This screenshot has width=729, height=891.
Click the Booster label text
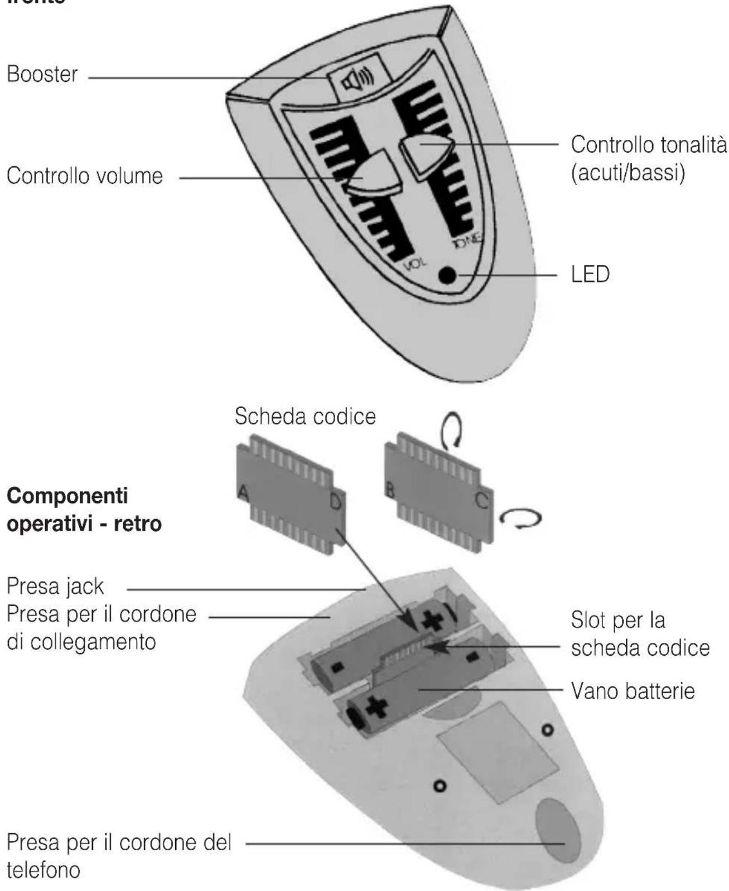[x=42, y=75]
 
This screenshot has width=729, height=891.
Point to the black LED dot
[x=447, y=275]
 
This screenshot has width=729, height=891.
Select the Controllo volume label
[x=85, y=176]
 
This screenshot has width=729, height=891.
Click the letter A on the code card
[x=243, y=492]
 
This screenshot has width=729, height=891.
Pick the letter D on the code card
[x=335, y=502]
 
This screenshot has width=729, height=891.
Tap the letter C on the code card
[x=481, y=500]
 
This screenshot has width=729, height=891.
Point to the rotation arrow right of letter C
[x=520, y=519]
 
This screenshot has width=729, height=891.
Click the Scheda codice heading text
[x=305, y=417]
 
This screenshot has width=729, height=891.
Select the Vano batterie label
[x=633, y=691]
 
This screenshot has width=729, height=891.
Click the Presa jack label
[x=55, y=587]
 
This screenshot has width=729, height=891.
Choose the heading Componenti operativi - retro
[x=84, y=509]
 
